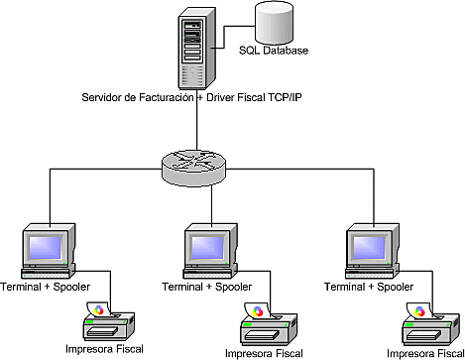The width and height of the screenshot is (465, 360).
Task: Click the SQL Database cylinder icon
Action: click(x=274, y=22)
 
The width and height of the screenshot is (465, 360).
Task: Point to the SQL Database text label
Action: click(x=274, y=52)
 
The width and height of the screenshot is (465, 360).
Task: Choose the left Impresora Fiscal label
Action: click(x=104, y=349)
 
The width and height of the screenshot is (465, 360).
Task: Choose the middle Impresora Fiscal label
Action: click(x=267, y=352)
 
